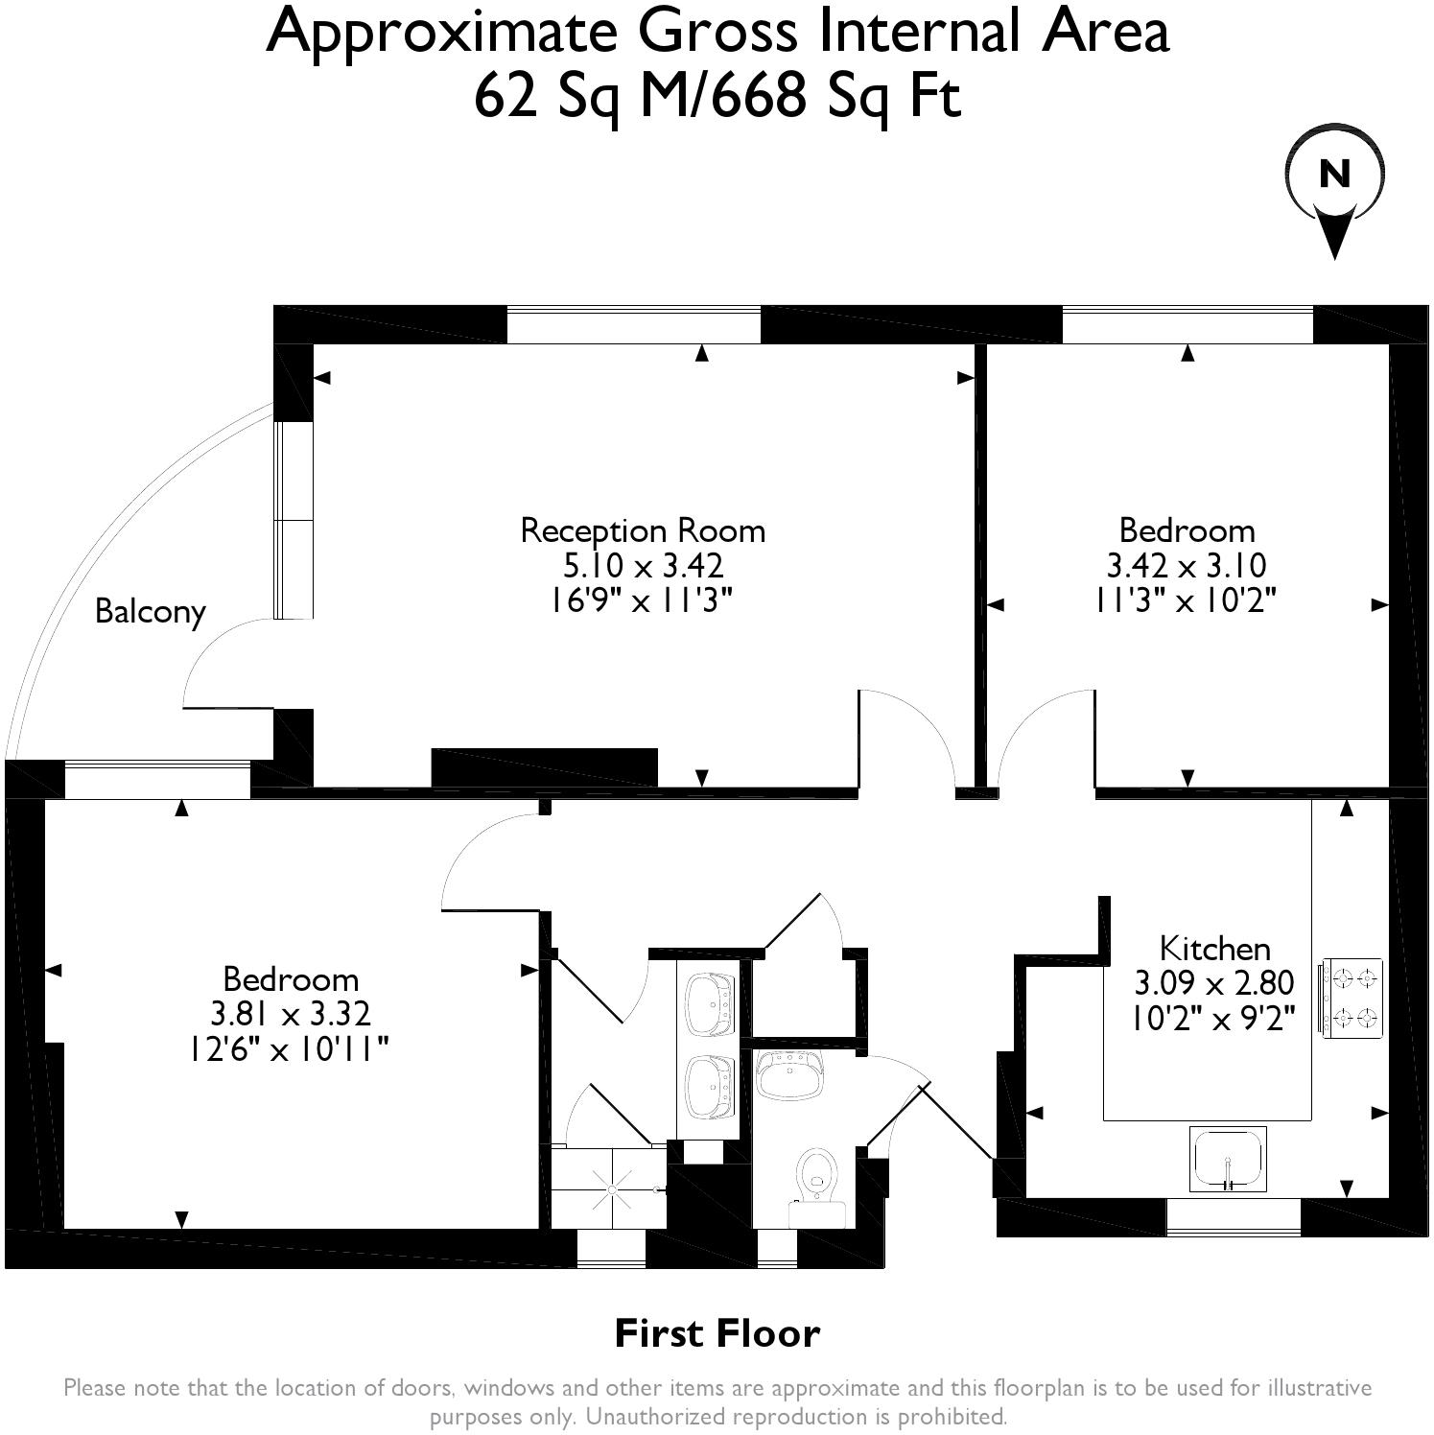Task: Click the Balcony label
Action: (x=151, y=612)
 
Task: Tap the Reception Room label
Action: (x=643, y=530)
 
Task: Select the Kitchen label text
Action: (x=1215, y=949)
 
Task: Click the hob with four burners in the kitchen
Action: (x=1352, y=998)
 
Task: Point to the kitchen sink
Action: (x=1228, y=1159)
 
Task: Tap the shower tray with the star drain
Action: (x=608, y=1188)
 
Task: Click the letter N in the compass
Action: (x=1334, y=175)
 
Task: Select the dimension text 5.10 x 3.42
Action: (x=643, y=565)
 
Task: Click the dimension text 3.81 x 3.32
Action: (x=291, y=1013)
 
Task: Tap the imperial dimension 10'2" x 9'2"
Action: (x=1214, y=1018)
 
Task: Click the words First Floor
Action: (x=717, y=1333)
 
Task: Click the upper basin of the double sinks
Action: (x=711, y=1004)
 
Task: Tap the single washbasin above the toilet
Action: (x=789, y=1074)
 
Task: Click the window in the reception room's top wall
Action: (x=634, y=324)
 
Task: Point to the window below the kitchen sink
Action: (x=1234, y=1217)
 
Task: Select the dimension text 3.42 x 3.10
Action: (x=1187, y=565)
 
